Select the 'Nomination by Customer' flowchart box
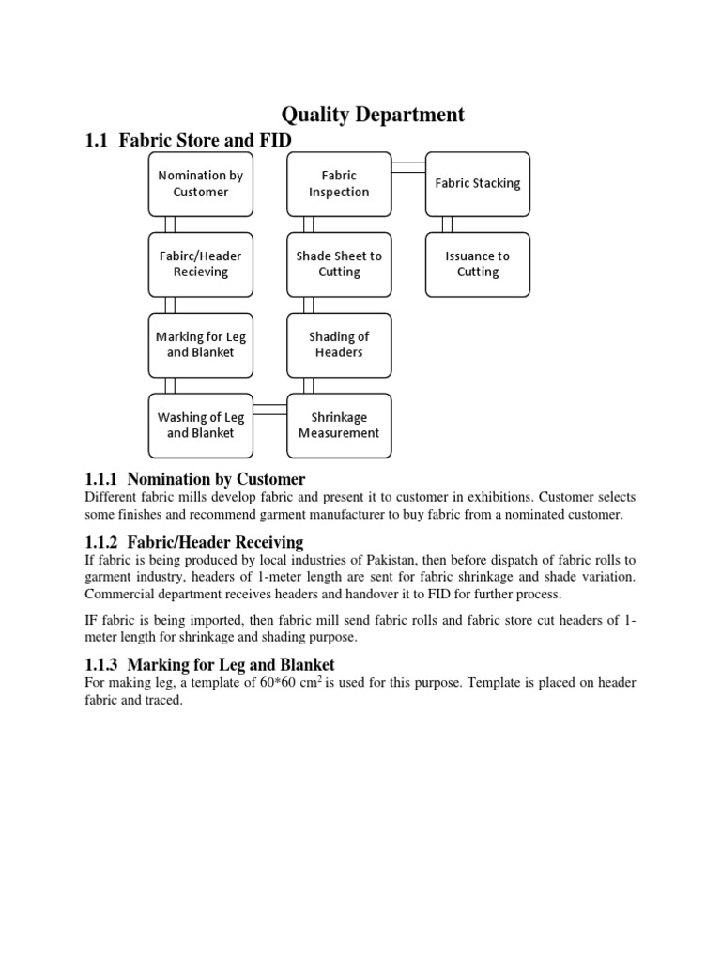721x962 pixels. tap(200, 183)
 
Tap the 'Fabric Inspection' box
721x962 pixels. tap(339, 183)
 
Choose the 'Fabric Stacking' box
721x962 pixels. tap(477, 183)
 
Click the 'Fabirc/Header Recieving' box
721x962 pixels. tap(200, 264)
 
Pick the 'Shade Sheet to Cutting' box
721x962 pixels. tap(339, 264)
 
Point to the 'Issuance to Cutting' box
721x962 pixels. tap(477, 264)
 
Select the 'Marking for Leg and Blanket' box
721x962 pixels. tap(200, 345)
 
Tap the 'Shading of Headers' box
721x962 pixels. tap(339, 345)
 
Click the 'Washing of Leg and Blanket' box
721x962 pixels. tap(200, 426)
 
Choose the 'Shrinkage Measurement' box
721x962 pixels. tap(339, 426)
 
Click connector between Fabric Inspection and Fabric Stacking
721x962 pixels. tap(408, 167)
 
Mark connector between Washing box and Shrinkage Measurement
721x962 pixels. tap(269, 409)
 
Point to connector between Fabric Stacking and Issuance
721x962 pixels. tap(447, 224)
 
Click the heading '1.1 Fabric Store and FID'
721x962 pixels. tap(189, 141)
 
